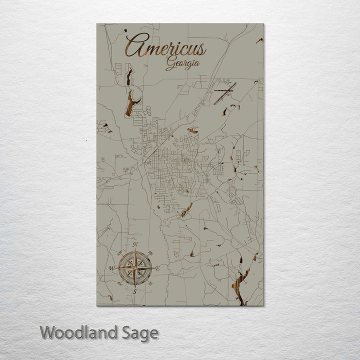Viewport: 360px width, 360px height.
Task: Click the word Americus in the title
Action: [165, 48]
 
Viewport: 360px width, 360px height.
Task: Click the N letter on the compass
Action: [135, 244]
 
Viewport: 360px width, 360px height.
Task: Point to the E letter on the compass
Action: [158, 269]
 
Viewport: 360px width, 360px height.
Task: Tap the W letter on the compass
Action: [111, 268]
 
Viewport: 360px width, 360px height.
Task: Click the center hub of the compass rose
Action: [134, 268]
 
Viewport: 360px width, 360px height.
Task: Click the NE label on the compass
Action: [150, 253]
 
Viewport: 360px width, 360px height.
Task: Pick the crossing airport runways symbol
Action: [224, 93]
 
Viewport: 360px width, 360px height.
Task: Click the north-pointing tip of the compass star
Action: [135, 250]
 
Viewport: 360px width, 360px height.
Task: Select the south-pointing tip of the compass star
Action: [134, 287]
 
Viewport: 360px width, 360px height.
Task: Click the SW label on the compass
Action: [120, 284]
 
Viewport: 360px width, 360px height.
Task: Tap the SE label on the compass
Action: [149, 284]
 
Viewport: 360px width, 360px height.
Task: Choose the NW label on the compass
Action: [120, 253]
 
